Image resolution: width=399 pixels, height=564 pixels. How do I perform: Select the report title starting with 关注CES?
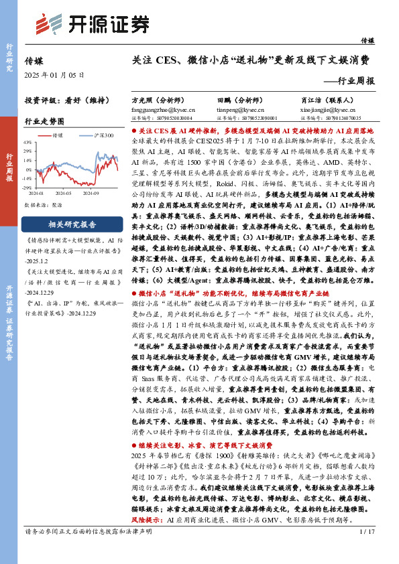coord(251,60)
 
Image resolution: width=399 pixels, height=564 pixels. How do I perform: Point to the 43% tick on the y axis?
coord(27,142)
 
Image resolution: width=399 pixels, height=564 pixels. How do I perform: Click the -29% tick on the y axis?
coord(27,186)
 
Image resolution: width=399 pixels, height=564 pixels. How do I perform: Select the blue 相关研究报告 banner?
coord(72,224)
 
